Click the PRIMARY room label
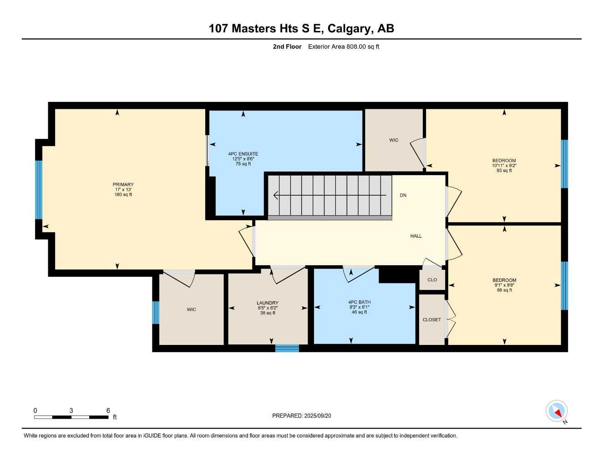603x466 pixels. coord(123,185)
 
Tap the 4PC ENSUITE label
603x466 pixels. coord(243,154)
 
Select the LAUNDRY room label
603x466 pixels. coord(268,303)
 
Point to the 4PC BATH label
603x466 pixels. coord(360,302)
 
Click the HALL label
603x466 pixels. coord(416,236)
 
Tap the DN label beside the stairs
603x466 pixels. coord(403,196)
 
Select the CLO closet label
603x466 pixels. coord(432,280)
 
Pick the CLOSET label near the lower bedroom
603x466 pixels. coord(432,320)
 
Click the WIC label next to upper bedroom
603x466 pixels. coord(394,140)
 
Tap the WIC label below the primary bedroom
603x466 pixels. coord(192,310)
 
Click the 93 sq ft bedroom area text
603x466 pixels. coord(504,171)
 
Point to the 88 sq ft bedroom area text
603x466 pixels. coord(504,290)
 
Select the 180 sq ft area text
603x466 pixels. coord(123,195)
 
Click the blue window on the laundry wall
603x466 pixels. coord(287,349)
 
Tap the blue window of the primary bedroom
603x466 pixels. coord(39,190)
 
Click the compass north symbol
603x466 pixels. coord(557,411)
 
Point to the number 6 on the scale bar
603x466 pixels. coord(108,410)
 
